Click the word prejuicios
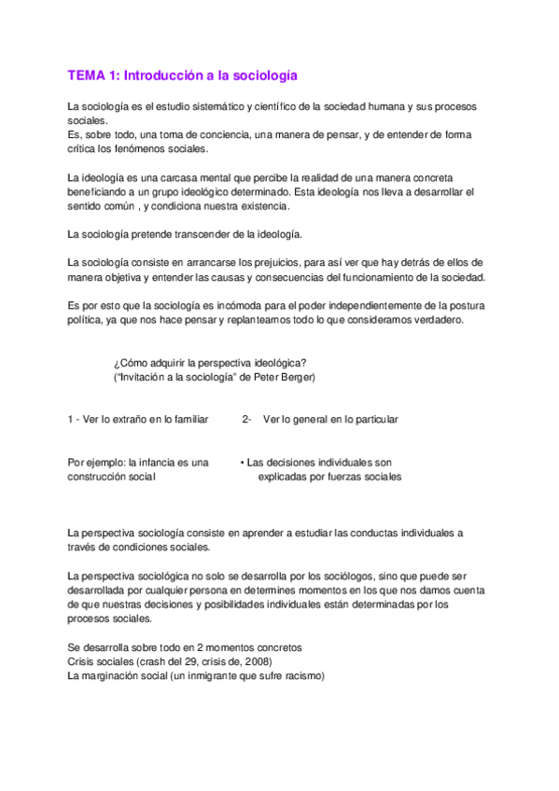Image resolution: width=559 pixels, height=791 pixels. [265, 262]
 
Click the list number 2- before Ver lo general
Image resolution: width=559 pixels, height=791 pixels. [247, 420]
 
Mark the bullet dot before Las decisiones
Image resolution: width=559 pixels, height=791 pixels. [242, 463]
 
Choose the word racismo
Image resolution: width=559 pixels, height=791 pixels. [301, 675]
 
